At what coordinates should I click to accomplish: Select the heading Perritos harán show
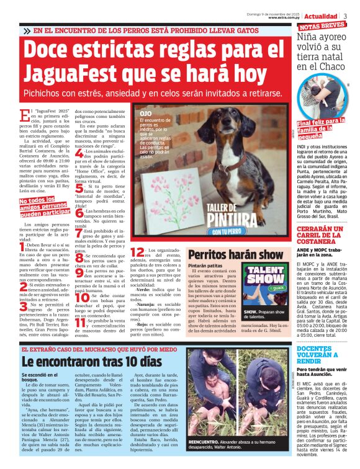click(x=227, y=254)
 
